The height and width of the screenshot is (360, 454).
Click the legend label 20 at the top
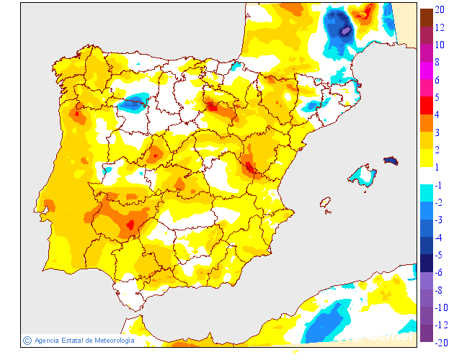[440, 9]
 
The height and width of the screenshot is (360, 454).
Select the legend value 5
[437, 97]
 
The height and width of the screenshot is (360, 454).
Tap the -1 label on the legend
[438, 185]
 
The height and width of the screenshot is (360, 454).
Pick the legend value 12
[440, 27]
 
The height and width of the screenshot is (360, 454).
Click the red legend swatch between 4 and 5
[427, 106]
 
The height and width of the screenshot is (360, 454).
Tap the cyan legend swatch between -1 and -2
[427, 194]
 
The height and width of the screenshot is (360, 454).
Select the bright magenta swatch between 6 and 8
[427, 71]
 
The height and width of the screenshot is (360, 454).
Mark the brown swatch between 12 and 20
[427, 18]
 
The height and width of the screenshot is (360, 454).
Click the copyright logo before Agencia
[27, 340]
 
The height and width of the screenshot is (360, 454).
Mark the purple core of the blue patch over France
[345, 31]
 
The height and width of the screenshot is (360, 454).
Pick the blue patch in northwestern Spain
[133, 104]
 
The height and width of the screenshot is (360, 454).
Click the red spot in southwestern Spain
[130, 225]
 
